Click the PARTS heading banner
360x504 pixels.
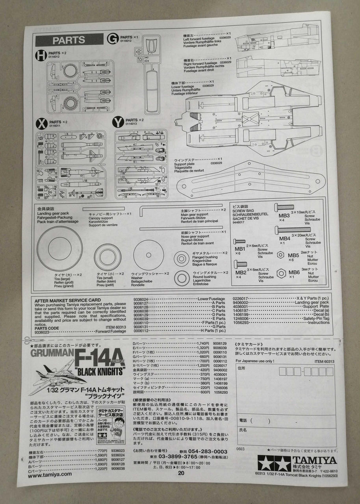click(69, 40)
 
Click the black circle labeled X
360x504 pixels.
click(41, 124)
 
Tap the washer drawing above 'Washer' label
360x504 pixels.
click(148, 256)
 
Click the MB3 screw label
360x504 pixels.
click(284, 215)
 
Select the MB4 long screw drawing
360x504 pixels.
click(295, 230)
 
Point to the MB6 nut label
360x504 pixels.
click(294, 272)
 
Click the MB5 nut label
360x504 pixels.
click(293, 255)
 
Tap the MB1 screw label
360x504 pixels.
click(239, 249)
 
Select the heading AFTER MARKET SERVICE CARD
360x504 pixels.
click(68, 300)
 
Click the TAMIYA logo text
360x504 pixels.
click(314, 460)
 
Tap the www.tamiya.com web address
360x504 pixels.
click(50, 474)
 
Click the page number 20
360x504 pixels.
click(181, 474)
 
